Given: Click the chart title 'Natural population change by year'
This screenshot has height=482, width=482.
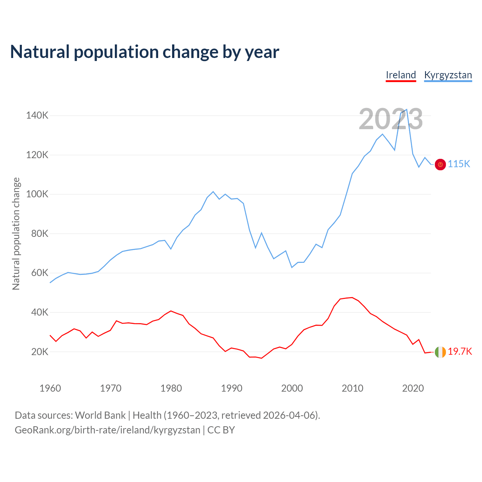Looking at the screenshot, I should (x=145, y=52).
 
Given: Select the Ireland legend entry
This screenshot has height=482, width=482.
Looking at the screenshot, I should (x=401, y=75).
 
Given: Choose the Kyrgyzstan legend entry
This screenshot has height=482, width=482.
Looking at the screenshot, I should (x=448, y=75).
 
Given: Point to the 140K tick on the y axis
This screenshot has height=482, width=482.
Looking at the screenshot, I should (x=37, y=115).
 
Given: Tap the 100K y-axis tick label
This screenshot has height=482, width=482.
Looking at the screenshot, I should (x=37, y=194).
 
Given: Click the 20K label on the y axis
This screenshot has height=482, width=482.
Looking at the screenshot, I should (x=40, y=352).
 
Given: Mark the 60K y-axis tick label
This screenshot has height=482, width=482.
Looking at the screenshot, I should (x=40, y=273).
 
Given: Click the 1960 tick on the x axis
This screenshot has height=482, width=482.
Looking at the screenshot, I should (x=50, y=388).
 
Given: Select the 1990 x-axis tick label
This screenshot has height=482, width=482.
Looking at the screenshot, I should (x=232, y=388).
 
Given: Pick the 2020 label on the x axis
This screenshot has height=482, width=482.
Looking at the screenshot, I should (x=413, y=388).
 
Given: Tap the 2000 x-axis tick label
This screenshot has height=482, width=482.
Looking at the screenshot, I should (x=292, y=388).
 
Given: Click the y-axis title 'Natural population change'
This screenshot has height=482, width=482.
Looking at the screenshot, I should (x=16, y=233).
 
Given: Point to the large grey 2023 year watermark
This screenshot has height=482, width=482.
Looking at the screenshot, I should (x=391, y=119).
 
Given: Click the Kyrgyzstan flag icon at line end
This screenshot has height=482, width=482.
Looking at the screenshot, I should (x=440, y=165).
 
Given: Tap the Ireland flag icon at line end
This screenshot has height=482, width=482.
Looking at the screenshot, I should (x=440, y=352).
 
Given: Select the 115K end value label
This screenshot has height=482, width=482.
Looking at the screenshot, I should (x=459, y=164).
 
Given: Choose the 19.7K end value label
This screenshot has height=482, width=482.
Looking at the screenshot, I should (x=460, y=352).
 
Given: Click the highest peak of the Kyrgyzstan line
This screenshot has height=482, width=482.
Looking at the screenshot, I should (x=407, y=110).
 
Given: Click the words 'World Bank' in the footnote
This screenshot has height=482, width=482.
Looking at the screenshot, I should (x=100, y=415).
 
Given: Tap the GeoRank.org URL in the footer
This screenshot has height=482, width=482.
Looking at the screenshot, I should (x=107, y=430).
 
